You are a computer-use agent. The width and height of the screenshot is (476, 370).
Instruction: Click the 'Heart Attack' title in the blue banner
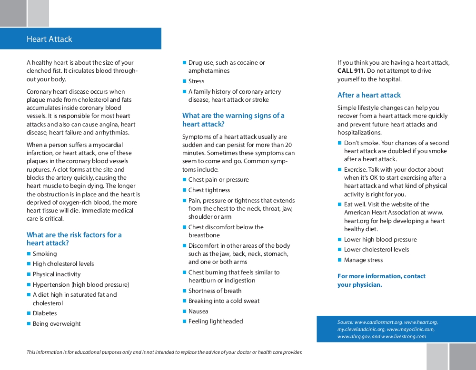click(x=50, y=39)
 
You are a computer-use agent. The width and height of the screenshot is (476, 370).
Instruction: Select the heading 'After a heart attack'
click(x=369, y=95)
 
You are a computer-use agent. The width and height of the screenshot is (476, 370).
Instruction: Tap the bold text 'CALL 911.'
click(x=351, y=71)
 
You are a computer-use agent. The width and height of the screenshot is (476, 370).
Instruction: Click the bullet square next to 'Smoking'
click(x=29, y=254)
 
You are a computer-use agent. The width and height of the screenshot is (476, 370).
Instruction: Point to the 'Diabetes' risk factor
click(x=45, y=313)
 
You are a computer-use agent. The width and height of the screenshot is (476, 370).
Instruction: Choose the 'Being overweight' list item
click(x=57, y=324)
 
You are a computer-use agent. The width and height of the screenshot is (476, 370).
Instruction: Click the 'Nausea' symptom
click(x=198, y=312)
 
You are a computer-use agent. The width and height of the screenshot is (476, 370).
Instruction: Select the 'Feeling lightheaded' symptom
click(x=216, y=321)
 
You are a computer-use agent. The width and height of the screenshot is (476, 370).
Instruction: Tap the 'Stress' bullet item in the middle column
click(x=196, y=81)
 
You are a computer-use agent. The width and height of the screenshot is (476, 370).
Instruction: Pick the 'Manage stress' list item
click(x=363, y=260)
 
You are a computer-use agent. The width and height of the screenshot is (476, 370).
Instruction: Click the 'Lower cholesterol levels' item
click(x=377, y=250)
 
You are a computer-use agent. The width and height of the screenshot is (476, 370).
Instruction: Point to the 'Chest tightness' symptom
click(x=209, y=190)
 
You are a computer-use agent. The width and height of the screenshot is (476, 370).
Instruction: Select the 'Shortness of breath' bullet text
click(x=215, y=291)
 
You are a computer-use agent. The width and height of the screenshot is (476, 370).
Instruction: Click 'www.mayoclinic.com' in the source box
click(x=410, y=329)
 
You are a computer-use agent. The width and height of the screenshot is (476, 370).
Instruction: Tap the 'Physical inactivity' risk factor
click(x=57, y=274)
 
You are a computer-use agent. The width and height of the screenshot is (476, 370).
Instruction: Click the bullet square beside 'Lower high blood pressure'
click(x=340, y=240)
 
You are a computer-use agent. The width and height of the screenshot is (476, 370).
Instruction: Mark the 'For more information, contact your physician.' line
click(x=381, y=281)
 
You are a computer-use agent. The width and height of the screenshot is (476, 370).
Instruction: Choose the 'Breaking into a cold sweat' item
click(x=224, y=301)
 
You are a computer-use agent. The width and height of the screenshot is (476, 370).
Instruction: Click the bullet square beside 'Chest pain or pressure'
click(x=184, y=180)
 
